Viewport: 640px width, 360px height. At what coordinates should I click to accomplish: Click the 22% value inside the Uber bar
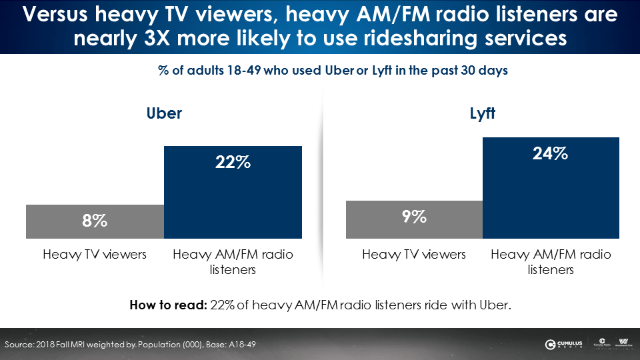tap(233, 161)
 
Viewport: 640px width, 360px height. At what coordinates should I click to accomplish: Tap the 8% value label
tap(95, 221)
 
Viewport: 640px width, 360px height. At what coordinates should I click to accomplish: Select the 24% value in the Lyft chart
tap(551, 153)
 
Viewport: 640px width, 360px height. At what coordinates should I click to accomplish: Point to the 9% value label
tap(414, 216)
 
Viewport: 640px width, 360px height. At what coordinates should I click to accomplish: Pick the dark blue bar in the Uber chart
tap(233, 200)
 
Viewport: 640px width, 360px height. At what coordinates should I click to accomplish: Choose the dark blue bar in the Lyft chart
tap(551, 200)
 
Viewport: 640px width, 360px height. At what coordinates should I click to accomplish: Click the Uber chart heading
tap(164, 113)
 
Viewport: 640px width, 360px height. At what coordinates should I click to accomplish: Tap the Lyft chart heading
tap(483, 113)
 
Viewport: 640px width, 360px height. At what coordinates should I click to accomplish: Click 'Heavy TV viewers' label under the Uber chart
tap(95, 255)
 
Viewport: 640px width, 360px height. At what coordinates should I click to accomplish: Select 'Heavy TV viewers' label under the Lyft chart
tap(414, 255)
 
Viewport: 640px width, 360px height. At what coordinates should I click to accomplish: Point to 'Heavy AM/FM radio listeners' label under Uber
tap(233, 262)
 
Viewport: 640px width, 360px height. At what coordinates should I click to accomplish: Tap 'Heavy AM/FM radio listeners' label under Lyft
tap(551, 262)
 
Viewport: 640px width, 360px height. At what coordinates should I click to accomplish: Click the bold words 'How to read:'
tap(167, 306)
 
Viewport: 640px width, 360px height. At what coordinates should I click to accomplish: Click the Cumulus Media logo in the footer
tap(563, 344)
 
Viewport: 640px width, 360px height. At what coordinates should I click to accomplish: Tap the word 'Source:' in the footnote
tap(20, 344)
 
